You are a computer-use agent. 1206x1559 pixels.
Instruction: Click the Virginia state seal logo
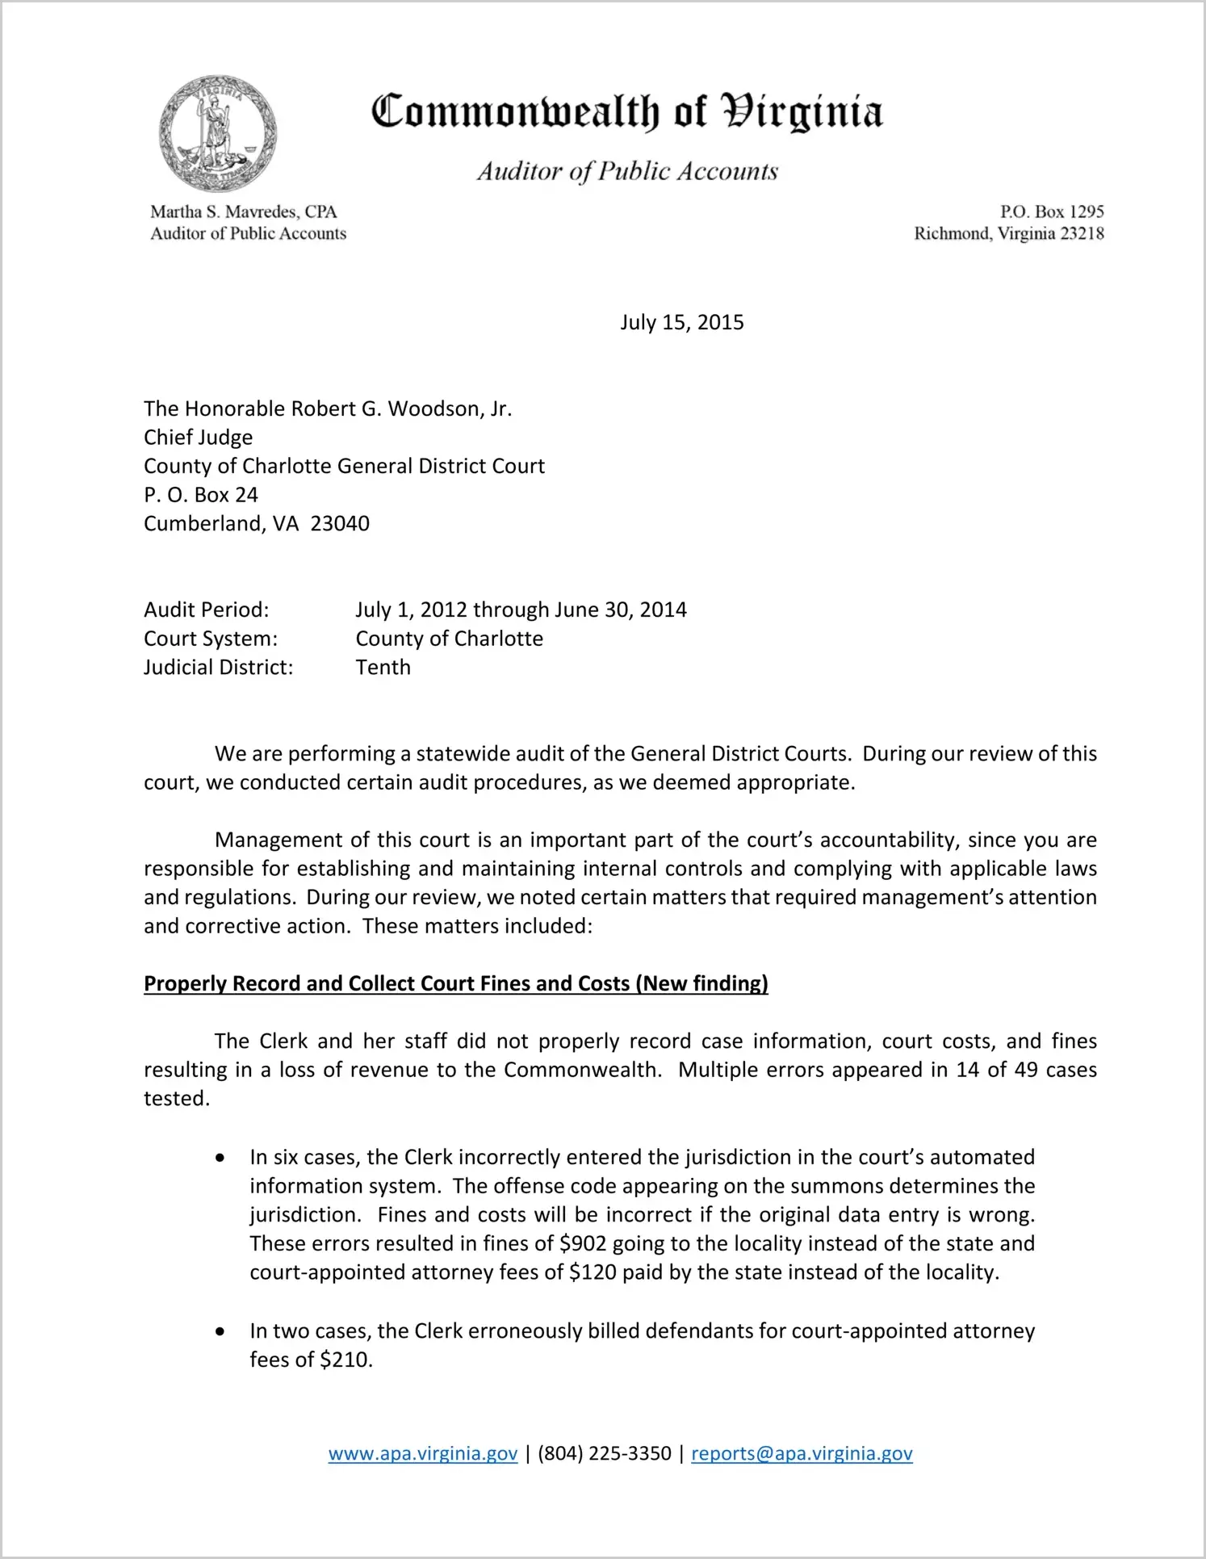point(218,134)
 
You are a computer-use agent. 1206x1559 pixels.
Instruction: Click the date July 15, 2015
point(681,323)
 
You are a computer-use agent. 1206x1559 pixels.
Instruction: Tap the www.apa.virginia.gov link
point(422,1454)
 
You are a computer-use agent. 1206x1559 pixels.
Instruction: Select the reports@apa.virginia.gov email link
point(802,1454)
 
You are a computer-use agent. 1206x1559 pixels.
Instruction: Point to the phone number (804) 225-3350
point(604,1454)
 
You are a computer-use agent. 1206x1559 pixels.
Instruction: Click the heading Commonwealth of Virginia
point(626,112)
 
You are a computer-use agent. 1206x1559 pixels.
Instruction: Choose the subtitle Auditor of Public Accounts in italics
point(627,171)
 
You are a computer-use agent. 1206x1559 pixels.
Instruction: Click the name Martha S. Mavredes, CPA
point(243,212)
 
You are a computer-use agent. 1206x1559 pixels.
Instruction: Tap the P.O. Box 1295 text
point(1052,212)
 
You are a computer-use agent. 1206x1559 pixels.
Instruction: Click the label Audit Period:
point(206,610)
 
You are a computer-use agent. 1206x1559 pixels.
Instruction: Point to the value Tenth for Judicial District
point(383,668)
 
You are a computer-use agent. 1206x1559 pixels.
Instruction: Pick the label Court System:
point(210,639)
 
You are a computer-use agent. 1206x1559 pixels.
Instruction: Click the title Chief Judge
point(198,438)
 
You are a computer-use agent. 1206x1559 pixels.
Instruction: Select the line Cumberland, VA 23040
point(256,524)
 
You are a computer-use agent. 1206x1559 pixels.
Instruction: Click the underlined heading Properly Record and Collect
point(455,984)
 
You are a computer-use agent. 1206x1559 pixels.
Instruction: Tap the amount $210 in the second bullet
point(345,1360)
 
